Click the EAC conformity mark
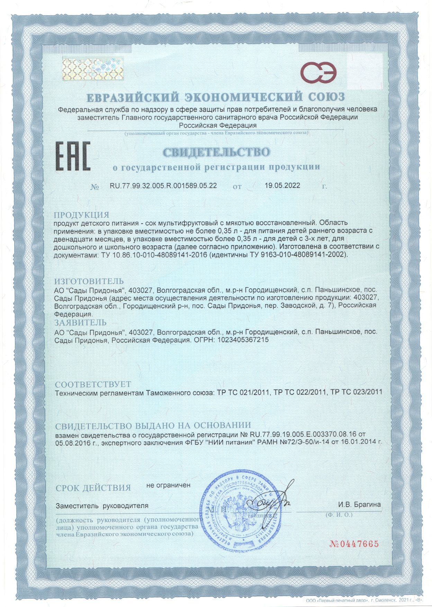click(73, 156)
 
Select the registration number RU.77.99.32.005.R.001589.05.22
click(163, 185)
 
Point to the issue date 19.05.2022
click(282, 185)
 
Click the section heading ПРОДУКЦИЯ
click(82, 215)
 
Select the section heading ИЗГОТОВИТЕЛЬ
click(89, 281)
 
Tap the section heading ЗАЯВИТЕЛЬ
click(80, 323)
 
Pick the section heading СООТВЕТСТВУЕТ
click(93, 384)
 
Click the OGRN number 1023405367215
click(243, 340)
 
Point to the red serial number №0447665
click(354, 543)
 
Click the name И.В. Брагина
click(359, 505)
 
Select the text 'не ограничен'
click(168, 485)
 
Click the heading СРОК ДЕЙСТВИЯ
click(93, 488)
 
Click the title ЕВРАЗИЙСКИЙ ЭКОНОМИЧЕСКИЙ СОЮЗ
click(215, 97)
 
